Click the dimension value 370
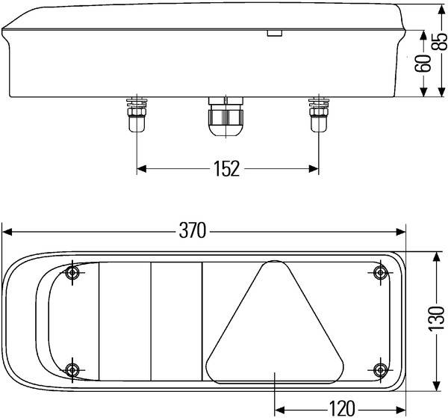coord(192,231)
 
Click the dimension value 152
coord(226,168)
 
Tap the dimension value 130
coord(437,319)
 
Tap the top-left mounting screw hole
coord(72,272)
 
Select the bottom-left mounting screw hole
coord(72,369)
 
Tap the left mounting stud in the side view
coord(137,114)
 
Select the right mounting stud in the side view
coord(317,114)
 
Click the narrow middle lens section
coord(176,322)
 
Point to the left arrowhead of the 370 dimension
coord(7,231)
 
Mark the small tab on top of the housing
coord(274,33)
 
